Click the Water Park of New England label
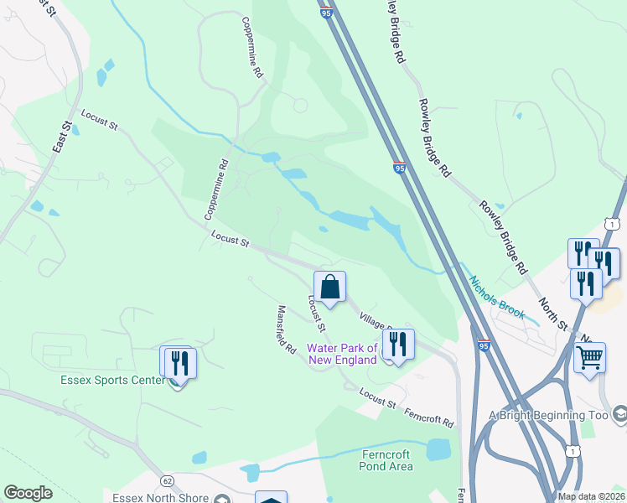(341, 354)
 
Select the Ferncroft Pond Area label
(386, 460)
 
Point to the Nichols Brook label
(496, 298)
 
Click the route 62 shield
(168, 480)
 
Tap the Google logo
(28, 493)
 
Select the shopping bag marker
(330, 287)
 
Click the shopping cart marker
(590, 358)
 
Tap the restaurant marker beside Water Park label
(398, 345)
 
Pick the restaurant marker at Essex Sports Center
(179, 362)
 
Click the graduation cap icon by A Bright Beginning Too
(620, 414)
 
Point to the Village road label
(376, 322)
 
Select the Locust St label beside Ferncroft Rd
(377, 398)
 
